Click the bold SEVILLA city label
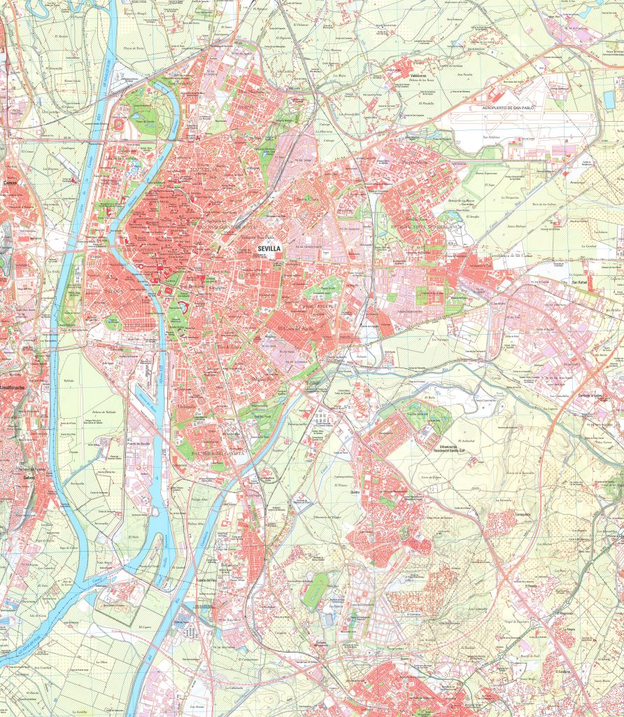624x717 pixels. [269, 247]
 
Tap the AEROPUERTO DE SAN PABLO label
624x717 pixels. [516, 109]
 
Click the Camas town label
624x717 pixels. [10, 183]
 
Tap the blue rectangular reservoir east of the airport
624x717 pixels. [609, 100]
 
